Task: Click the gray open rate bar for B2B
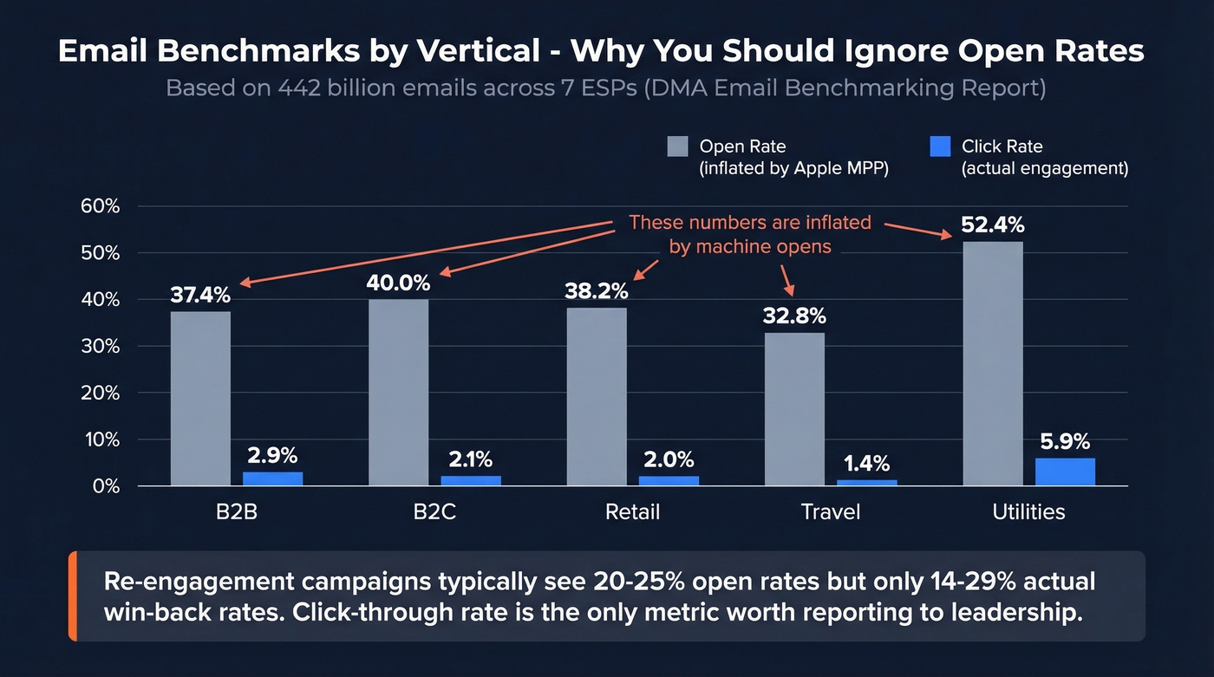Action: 200,399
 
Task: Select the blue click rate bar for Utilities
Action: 1065,472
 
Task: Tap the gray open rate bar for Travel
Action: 794,409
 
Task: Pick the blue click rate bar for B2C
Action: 471,481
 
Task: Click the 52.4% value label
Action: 992,225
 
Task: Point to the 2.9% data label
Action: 272,455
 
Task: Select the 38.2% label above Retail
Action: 597,291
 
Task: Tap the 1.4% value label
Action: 867,464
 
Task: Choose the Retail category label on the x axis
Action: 632,511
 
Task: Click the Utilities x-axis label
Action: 1028,511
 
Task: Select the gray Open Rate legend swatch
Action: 677,146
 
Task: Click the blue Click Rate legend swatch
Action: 940,146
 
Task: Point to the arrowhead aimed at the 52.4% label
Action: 948,234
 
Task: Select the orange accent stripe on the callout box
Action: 73,596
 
